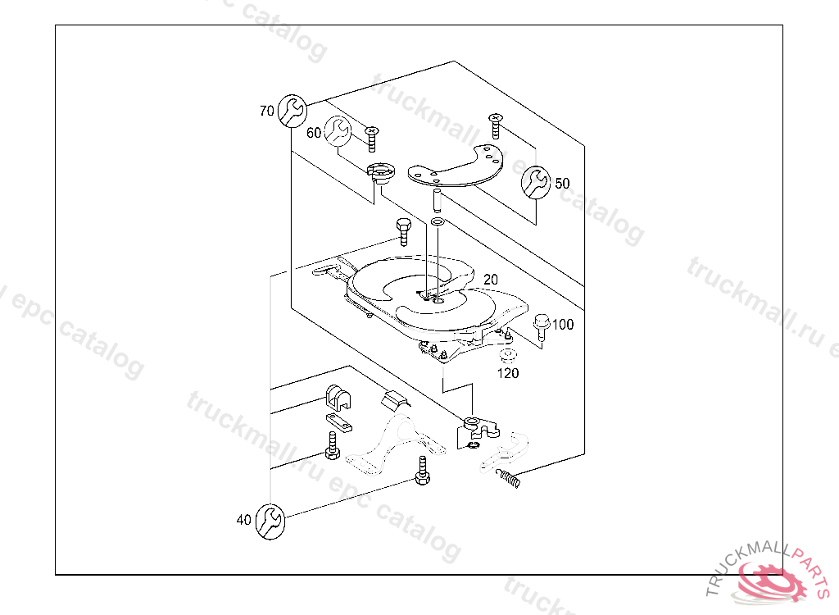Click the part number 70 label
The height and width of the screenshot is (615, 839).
click(x=266, y=111)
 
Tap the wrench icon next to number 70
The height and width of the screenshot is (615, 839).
click(x=293, y=111)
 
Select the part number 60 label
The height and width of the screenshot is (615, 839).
click(x=314, y=132)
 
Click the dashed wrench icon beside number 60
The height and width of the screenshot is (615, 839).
click(x=338, y=131)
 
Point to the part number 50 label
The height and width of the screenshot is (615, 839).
click(x=562, y=183)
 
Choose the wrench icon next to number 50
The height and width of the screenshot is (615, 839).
click(x=536, y=182)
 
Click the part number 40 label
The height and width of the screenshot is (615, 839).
click(x=243, y=520)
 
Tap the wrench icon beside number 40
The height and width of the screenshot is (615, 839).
click(x=270, y=522)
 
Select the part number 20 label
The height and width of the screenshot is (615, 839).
click(x=491, y=279)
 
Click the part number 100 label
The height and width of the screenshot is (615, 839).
click(x=563, y=324)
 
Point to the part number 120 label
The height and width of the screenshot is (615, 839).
click(x=508, y=373)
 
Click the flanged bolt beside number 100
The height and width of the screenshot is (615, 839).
click(x=542, y=327)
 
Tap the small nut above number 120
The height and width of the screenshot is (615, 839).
click(x=507, y=356)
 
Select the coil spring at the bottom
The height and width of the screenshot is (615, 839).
click(x=508, y=478)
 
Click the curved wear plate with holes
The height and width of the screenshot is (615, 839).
click(x=456, y=166)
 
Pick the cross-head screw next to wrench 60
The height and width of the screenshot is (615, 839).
click(x=372, y=139)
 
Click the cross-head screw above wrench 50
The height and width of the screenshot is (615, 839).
click(x=496, y=126)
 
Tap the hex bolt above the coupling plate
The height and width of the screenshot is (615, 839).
click(x=403, y=231)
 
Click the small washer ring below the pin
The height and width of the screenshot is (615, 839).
click(x=438, y=221)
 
